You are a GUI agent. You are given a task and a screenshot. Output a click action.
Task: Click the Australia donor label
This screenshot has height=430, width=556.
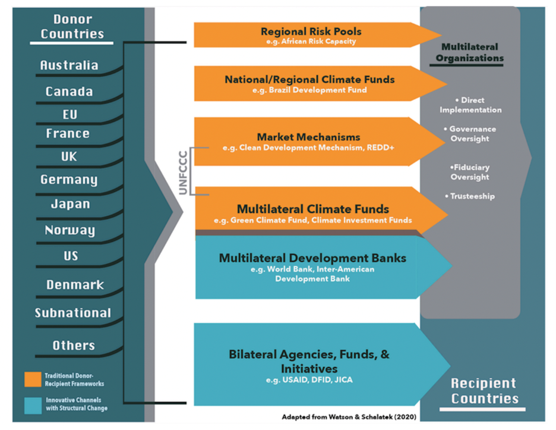click(69, 65)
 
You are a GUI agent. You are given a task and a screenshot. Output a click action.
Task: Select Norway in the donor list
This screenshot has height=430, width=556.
click(70, 231)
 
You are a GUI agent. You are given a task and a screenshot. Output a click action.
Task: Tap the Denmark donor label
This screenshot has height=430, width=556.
click(75, 285)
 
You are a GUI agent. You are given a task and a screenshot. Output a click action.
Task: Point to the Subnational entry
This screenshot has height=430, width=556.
click(72, 313)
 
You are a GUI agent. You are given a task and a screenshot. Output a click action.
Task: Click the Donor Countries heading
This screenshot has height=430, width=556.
click(72, 27)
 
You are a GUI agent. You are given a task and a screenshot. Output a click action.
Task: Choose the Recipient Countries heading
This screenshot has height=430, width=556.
click(483, 391)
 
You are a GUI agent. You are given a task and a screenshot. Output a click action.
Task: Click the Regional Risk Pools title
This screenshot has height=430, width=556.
click(311, 32)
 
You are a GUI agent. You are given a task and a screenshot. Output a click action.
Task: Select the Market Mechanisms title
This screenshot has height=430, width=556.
click(308, 137)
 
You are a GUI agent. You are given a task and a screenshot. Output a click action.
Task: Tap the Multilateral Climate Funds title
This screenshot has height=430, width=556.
click(312, 209)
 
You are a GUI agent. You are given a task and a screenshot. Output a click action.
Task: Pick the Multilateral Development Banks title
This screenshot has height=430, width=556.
click(312, 258)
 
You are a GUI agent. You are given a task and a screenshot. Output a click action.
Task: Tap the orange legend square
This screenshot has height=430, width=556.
click(32, 379)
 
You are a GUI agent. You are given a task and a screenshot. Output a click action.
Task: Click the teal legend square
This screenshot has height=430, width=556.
click(32, 404)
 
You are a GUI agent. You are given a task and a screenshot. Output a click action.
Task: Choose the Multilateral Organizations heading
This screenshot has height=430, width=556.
click(469, 52)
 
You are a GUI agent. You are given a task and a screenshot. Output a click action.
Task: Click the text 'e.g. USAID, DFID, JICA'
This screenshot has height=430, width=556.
click(309, 379)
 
